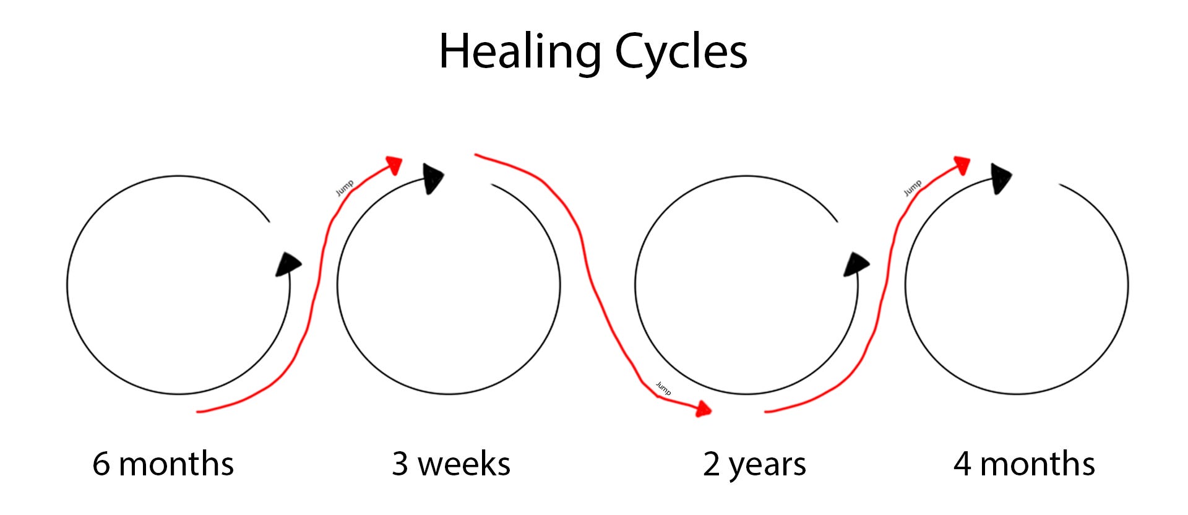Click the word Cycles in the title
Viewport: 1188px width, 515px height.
tap(681, 52)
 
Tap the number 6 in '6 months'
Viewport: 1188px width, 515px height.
tap(101, 464)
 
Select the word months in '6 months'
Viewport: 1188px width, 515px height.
tap(176, 464)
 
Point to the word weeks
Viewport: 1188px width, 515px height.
tap(464, 464)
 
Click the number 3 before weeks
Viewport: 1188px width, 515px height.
tap(400, 464)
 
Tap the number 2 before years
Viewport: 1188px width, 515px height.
tap(712, 464)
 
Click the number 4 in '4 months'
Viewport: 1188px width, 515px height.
tap(962, 464)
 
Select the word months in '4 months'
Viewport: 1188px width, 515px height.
tap(1038, 464)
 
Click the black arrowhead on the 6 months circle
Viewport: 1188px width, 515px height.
tap(288, 264)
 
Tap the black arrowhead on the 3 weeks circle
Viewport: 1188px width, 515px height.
tap(433, 178)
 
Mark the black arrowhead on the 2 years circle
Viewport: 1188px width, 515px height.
tap(856, 264)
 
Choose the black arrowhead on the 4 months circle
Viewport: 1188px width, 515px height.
tap(1001, 178)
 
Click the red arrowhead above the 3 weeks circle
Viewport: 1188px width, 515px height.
tap(394, 165)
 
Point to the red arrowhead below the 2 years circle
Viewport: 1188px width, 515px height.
tap(703, 409)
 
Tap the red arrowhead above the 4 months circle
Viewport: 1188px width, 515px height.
tap(962, 165)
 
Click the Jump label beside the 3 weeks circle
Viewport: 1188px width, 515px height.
tap(345, 188)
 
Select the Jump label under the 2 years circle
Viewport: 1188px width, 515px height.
tap(663, 388)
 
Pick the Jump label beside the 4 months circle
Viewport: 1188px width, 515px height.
tap(913, 188)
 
